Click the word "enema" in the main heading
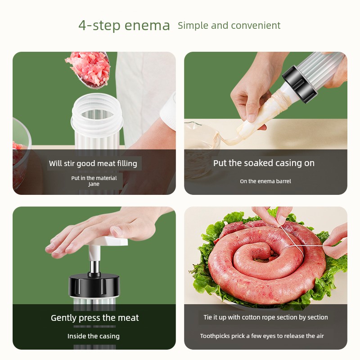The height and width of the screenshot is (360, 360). point(147,26)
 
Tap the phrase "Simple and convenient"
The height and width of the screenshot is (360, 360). point(229,26)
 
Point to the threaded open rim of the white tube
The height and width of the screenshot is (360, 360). point(97,115)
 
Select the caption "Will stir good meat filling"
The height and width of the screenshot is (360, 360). point(93,163)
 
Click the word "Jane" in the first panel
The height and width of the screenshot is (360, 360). point(94,184)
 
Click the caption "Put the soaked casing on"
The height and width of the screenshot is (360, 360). point(264,163)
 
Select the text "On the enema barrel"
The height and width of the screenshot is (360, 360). point(265,181)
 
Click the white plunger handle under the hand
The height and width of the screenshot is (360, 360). point(108,243)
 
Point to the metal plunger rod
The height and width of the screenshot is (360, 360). point(94,267)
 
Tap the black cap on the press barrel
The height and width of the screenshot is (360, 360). point(94,285)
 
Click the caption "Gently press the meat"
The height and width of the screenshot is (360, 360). point(94,318)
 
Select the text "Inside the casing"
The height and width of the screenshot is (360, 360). point(94,336)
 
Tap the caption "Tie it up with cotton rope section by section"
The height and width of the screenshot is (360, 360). point(265,317)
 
